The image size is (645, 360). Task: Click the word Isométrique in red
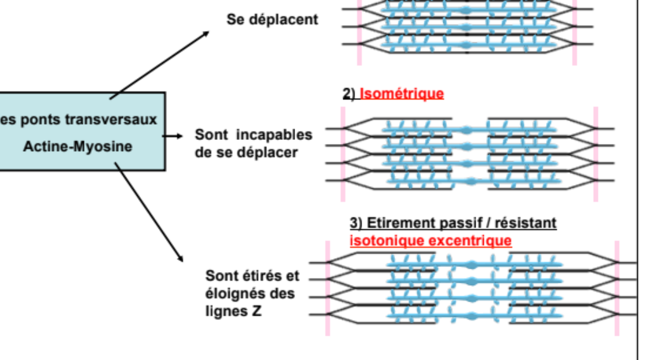pyautogui.click(x=402, y=94)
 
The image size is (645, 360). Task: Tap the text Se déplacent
pyautogui.click(x=272, y=20)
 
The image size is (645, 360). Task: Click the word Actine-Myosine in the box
pyautogui.click(x=78, y=147)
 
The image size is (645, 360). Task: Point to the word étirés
pyautogui.click(x=264, y=276)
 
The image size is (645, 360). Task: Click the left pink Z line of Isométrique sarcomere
pyautogui.click(x=343, y=154)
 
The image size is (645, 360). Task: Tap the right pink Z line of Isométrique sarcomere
pyautogui.click(x=596, y=154)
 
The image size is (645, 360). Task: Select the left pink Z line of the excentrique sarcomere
pyautogui.click(x=328, y=287)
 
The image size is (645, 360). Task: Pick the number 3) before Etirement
pyautogui.click(x=355, y=223)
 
